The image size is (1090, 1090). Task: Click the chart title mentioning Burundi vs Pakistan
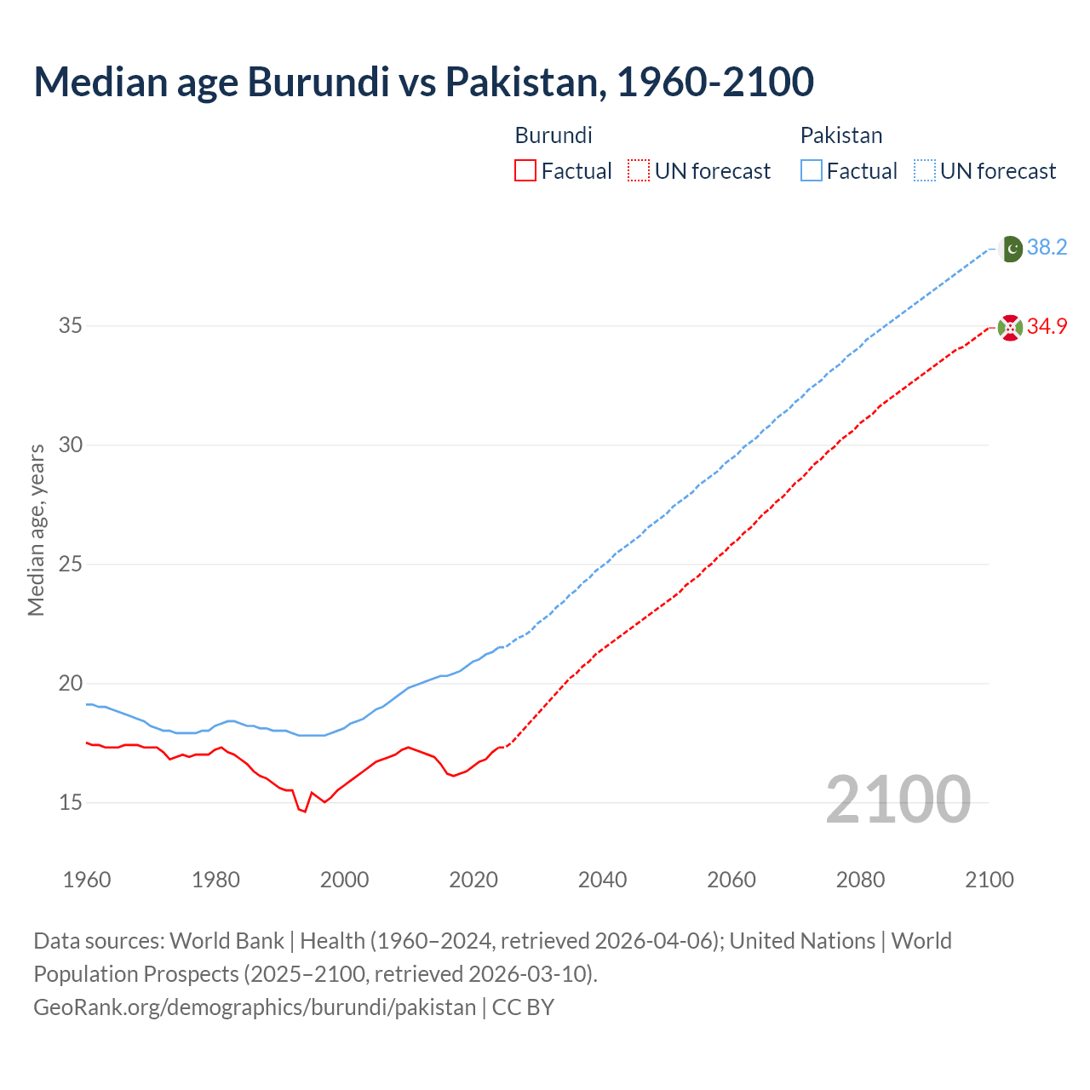pos(423,82)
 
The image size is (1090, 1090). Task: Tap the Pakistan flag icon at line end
pos(1010,248)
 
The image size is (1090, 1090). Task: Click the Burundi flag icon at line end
pos(1010,327)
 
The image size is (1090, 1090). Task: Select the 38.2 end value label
pos(1047,248)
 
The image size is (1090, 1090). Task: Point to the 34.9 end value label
pos(1047,327)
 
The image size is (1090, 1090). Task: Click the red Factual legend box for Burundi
pos(525,171)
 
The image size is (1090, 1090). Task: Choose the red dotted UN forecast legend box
pos(639,171)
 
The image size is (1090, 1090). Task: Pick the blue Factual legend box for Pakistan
pos(811,171)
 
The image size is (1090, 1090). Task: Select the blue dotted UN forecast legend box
pos(924,171)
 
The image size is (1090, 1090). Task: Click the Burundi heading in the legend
pos(554,135)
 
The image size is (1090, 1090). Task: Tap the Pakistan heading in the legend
pos(841,135)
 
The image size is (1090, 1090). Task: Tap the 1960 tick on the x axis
pos(87,880)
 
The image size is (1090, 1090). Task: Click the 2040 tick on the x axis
pos(602,880)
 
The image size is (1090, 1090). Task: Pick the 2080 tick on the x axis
pos(860,880)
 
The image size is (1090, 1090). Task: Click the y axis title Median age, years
pos(36,530)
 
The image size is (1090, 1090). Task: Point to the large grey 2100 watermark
pos(898,799)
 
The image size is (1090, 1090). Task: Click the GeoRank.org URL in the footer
pos(255,1007)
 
